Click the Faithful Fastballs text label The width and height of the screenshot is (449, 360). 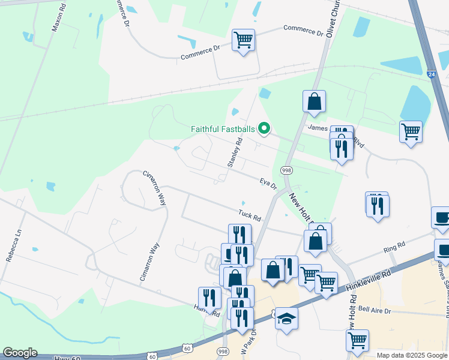pos(223,128)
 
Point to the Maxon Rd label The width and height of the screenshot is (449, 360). pos(58,19)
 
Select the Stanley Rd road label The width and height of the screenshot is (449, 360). pos(234,152)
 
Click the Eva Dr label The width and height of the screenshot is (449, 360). pos(268,182)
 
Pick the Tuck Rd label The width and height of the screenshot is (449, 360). pos(250,214)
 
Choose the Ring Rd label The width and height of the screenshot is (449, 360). pos(395,245)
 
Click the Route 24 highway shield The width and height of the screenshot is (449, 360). pos(432,74)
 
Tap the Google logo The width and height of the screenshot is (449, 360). pos(20,353)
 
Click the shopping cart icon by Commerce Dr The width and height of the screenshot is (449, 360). pos(243,40)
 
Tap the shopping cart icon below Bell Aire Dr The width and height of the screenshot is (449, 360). pos(357,340)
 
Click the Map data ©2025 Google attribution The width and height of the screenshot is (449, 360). pos(412,355)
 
